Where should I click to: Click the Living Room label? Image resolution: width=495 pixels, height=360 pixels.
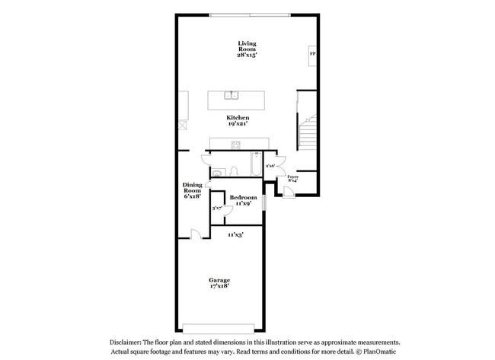pos(247,49)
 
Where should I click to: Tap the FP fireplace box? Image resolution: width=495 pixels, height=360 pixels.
pos(312,55)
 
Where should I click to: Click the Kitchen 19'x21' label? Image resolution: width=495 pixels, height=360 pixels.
pos(238,121)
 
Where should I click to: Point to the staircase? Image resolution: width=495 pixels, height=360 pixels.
pos(307,131)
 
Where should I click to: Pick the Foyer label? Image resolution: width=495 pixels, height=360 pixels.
pos(292,178)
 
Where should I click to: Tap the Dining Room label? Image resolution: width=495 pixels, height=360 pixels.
pos(192,190)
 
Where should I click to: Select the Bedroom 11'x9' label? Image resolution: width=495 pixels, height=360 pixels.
pos(243,201)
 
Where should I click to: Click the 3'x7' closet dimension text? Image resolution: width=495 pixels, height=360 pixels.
pos(217,207)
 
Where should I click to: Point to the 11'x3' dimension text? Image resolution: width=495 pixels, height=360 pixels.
pos(236,235)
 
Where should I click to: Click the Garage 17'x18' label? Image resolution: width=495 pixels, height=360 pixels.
pos(220,283)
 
